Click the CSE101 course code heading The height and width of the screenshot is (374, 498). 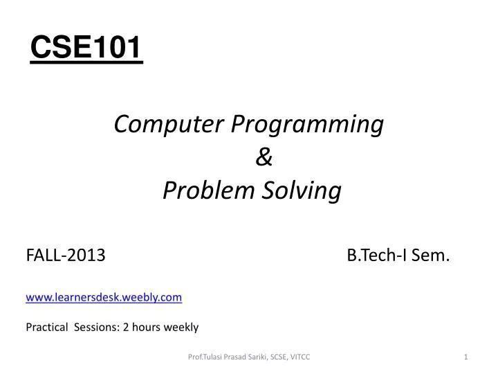click(86, 48)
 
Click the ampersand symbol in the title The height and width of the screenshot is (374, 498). click(264, 158)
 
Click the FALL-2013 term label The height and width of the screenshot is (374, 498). click(66, 257)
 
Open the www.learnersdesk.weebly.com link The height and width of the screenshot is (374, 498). click(104, 296)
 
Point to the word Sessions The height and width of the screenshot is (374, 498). click(97, 327)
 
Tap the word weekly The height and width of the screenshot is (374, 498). click(182, 327)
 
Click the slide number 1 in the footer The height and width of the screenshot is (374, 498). click(467, 357)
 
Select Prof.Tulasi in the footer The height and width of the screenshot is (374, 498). click(205, 357)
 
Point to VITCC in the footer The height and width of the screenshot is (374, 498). click(302, 357)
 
